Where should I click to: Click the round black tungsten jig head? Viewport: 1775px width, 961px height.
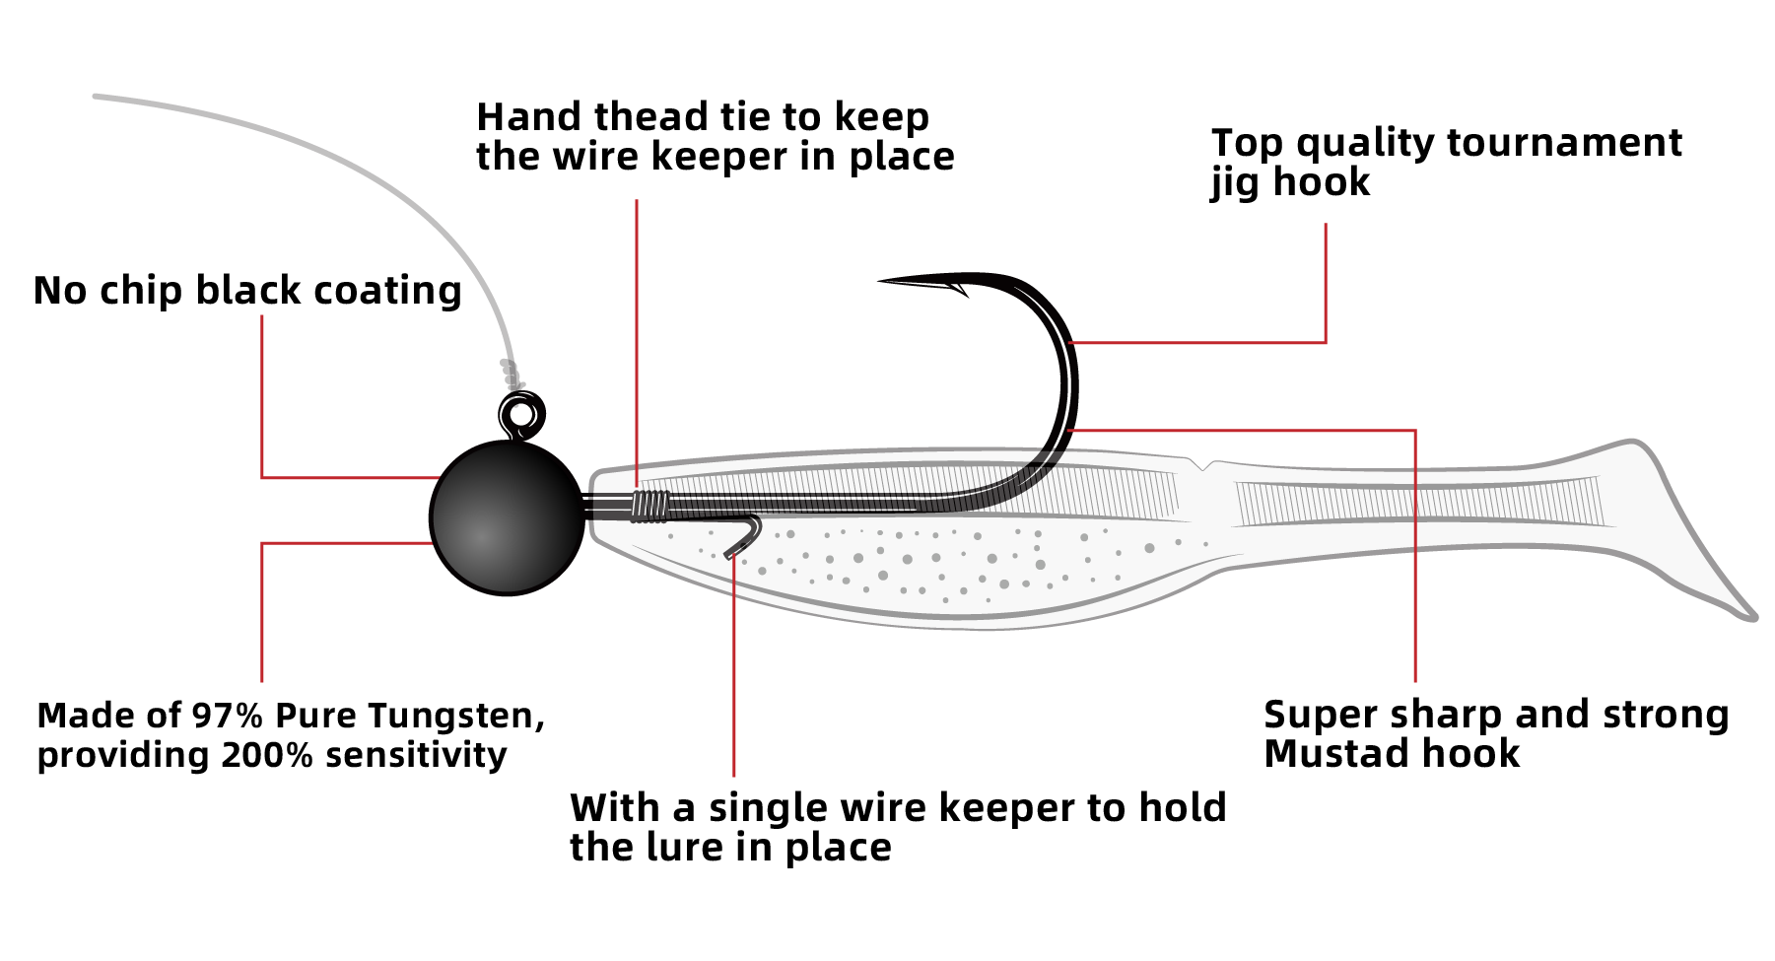tap(507, 517)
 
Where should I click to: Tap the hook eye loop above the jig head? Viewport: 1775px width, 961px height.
tap(521, 413)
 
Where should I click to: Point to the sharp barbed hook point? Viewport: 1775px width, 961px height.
tap(887, 282)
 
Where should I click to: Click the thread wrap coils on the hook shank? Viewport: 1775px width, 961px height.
tap(650, 506)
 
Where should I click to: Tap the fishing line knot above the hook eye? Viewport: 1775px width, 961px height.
tap(510, 375)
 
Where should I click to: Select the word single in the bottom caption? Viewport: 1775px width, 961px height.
tap(768, 808)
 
